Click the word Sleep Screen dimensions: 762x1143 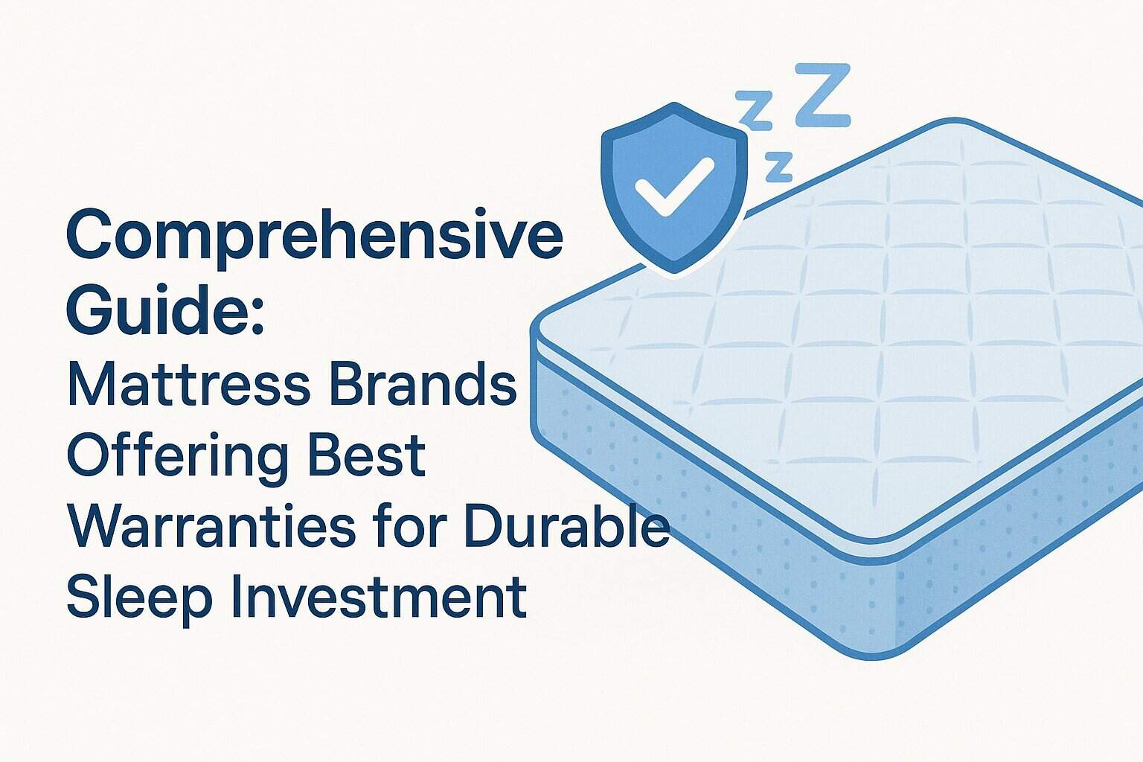tap(129, 597)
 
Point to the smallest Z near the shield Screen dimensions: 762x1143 tap(778, 167)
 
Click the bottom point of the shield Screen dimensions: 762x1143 tap(674, 272)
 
